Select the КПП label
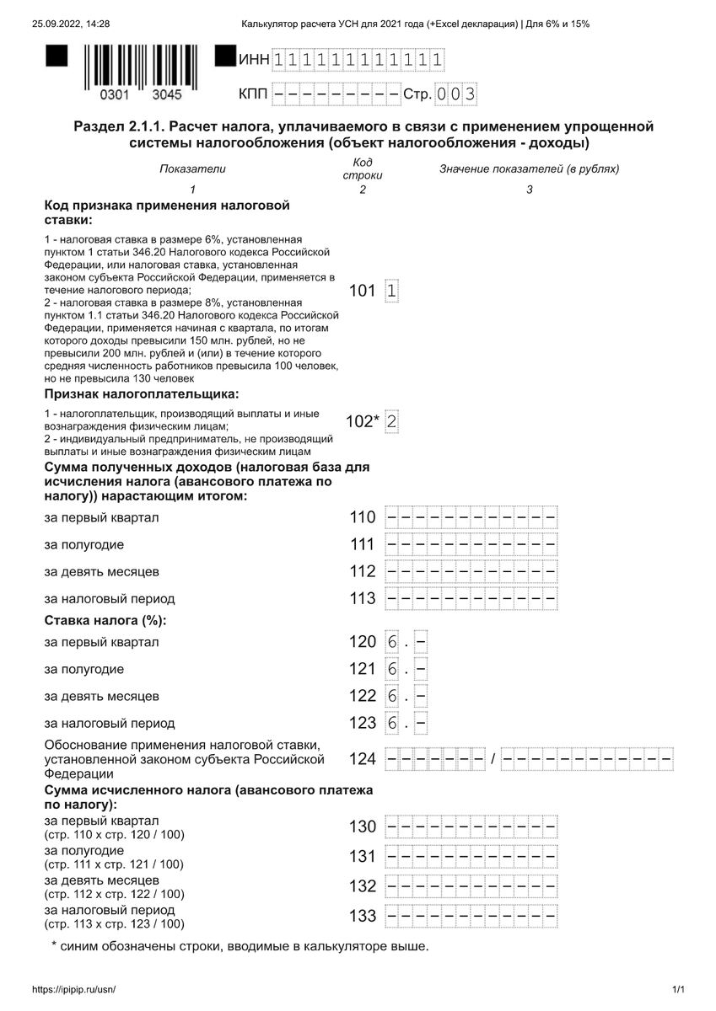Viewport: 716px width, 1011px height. (x=253, y=94)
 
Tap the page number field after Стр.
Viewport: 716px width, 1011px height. (x=456, y=94)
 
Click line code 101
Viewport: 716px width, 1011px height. (x=362, y=291)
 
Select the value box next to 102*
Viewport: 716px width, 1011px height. (x=391, y=422)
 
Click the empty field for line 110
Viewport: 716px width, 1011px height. (x=471, y=517)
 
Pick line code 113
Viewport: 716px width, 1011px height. (x=363, y=598)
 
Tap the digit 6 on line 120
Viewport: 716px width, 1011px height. (x=392, y=642)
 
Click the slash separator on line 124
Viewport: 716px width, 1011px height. (x=494, y=759)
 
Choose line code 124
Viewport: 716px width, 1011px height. (x=363, y=759)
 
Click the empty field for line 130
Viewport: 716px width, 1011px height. (x=471, y=826)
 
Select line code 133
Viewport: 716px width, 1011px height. (x=363, y=916)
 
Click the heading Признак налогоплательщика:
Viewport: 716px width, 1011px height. (x=142, y=393)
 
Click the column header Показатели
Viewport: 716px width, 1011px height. (x=193, y=169)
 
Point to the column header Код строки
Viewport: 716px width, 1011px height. (x=363, y=168)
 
